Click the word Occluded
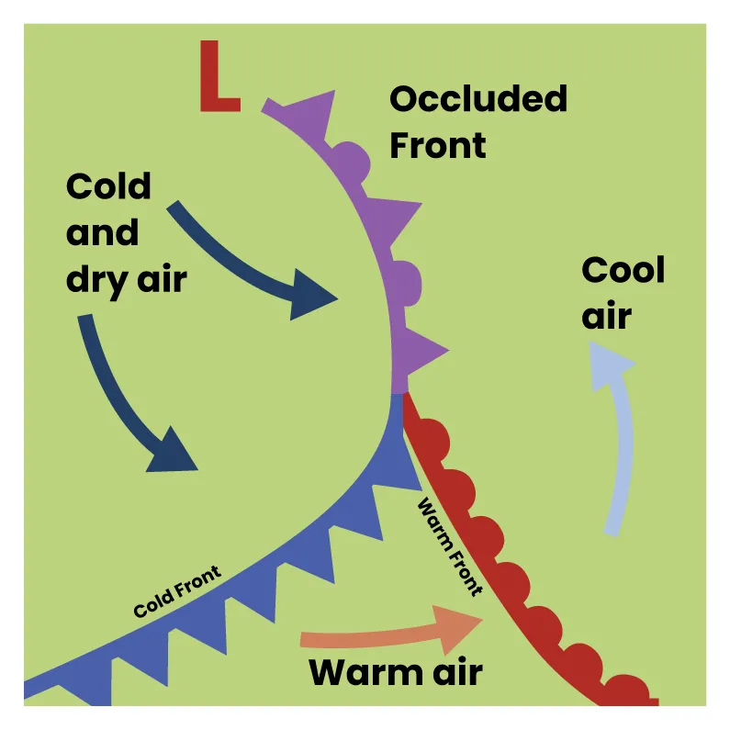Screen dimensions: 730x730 tap(478, 99)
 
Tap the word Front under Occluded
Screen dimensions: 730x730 tap(438, 144)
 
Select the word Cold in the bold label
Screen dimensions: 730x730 tap(108, 187)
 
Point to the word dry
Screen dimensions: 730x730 tap(95, 280)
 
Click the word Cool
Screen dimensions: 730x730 tap(623, 271)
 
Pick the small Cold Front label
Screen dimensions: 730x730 tap(176, 592)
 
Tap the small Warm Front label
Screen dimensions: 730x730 tap(450, 547)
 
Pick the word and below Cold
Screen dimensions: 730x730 tap(102, 233)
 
